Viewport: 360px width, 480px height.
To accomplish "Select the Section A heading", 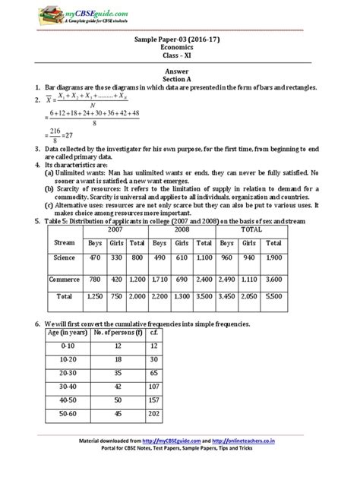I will tap(180, 81).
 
